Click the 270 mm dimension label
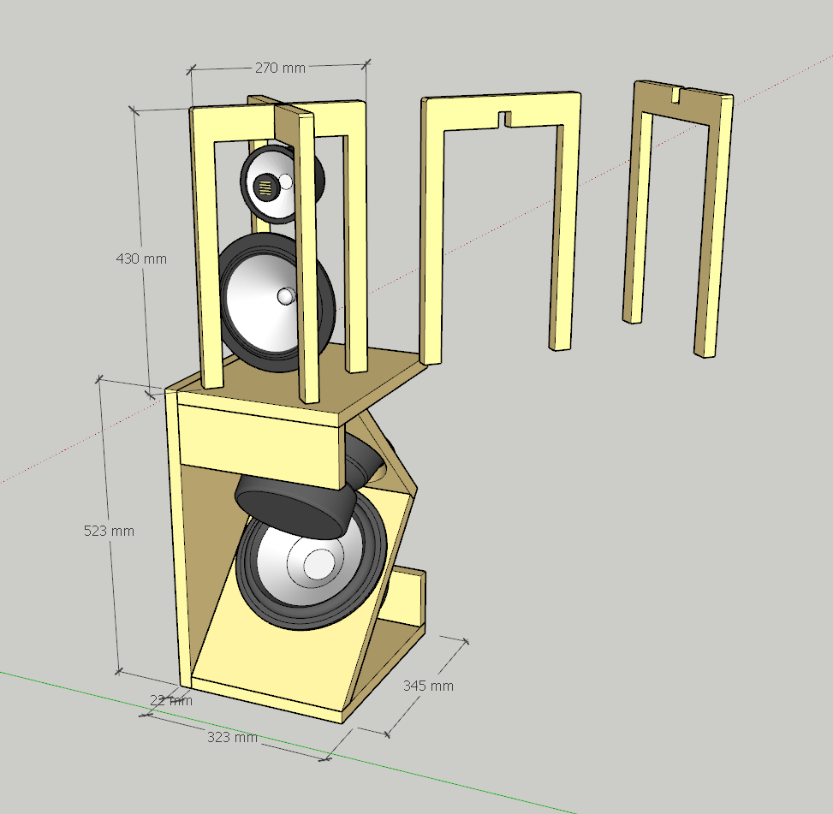280,68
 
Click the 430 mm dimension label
141,258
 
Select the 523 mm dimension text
109,531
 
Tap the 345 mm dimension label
428,686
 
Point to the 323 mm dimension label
232,737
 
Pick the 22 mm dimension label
171,700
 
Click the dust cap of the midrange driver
286,296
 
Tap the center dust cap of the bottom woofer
319,563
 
